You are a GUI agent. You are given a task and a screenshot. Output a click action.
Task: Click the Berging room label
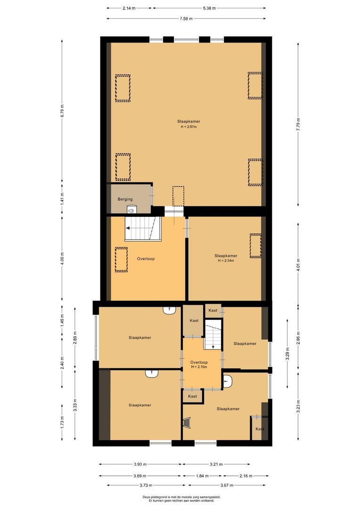(x=125, y=199)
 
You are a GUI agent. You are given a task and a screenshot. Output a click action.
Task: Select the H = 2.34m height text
(x=226, y=261)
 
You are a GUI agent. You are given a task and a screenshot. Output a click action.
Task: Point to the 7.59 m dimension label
(x=186, y=19)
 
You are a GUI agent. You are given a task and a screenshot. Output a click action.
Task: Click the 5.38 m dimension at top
(x=209, y=8)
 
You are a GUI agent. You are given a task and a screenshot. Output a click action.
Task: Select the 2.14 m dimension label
(x=129, y=8)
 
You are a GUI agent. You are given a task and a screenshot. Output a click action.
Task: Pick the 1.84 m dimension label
(x=203, y=476)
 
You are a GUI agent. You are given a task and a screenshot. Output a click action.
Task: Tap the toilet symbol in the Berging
(x=131, y=211)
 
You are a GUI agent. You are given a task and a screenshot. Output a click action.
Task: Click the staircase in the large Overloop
(x=143, y=229)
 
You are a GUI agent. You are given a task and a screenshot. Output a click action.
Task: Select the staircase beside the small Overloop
(x=213, y=334)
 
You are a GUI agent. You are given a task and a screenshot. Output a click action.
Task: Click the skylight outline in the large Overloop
(x=121, y=260)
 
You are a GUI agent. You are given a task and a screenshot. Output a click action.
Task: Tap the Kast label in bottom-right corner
(x=260, y=429)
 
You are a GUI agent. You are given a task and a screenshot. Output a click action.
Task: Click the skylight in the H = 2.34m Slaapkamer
(x=255, y=246)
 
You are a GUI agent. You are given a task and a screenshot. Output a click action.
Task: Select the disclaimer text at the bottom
(x=181, y=499)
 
